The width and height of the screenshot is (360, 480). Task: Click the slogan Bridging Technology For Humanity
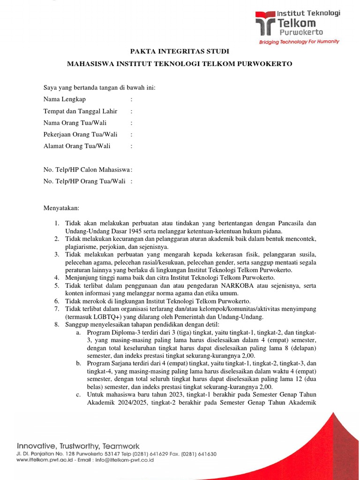click(299, 42)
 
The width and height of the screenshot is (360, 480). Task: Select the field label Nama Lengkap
click(65, 99)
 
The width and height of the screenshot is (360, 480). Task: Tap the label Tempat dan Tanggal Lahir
click(80, 111)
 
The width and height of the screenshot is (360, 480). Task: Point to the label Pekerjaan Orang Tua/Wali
click(80, 135)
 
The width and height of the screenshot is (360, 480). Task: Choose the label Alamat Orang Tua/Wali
click(77, 146)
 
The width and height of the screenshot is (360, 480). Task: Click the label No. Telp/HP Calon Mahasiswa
click(87, 170)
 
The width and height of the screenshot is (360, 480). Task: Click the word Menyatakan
click(61, 208)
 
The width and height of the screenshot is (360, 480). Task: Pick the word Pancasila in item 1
click(290, 223)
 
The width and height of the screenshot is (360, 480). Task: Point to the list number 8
click(56, 324)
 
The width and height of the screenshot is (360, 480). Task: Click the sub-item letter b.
click(78, 363)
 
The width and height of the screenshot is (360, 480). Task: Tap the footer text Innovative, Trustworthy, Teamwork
click(78, 446)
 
